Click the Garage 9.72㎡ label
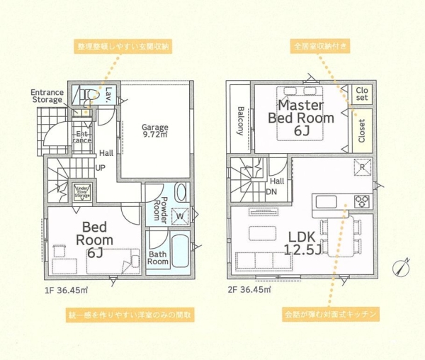point(155,132)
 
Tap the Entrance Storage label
point(47,96)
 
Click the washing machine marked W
point(180,215)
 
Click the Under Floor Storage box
point(82,191)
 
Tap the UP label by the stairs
point(100,168)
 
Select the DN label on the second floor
point(271,191)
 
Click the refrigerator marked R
point(360,167)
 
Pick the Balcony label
point(241,120)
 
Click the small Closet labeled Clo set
point(362,94)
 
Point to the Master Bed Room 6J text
point(300,112)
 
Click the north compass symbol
point(402,269)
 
